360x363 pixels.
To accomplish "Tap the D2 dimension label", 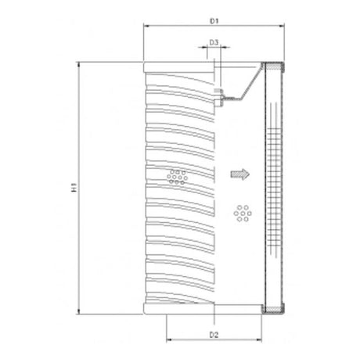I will coord(213,336).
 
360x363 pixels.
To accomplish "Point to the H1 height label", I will coord(73,189).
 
